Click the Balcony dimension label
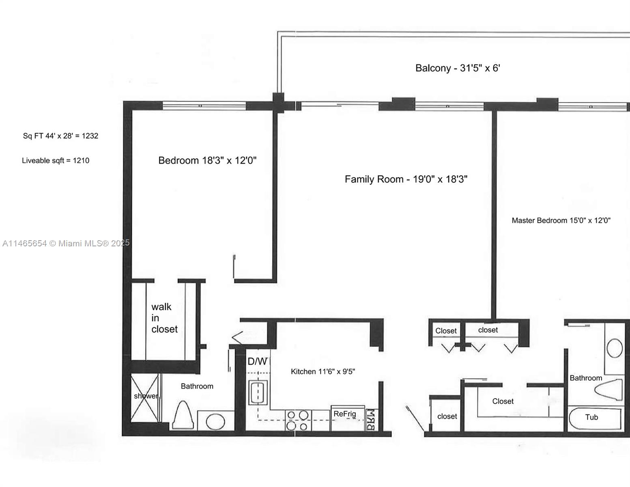point(458,68)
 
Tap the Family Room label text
point(406,179)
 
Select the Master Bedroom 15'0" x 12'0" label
point(561,220)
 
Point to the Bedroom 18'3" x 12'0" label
point(207,160)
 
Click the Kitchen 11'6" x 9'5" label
point(323,372)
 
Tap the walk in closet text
point(164,318)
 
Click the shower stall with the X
point(145,398)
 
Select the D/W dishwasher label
point(258,362)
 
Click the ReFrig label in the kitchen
point(345,414)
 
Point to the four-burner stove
point(298,420)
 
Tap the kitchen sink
point(258,393)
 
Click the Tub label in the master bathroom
point(591,417)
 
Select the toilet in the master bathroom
point(608,390)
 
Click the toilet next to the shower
point(183,415)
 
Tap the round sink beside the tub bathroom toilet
point(615,348)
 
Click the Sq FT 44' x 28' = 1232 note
point(60,136)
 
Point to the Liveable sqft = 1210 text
point(56,160)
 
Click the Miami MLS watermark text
point(66,243)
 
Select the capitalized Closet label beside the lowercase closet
point(446,331)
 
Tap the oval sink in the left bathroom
point(215,422)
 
